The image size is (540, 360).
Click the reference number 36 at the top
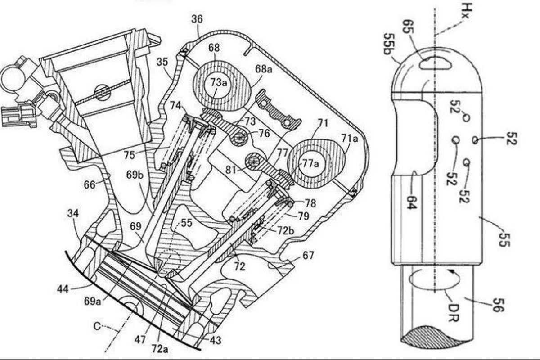[x=197, y=19]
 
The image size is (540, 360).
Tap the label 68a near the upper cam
[x=263, y=69]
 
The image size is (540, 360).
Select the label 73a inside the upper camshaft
[x=219, y=82]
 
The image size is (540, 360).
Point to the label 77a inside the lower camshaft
[x=310, y=164]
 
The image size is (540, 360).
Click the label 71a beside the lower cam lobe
[x=350, y=138]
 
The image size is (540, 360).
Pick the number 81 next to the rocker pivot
[x=231, y=170]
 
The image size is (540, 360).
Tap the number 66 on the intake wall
[x=90, y=185]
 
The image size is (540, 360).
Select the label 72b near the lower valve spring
[x=286, y=231]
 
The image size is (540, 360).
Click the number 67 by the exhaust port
[x=308, y=255]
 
